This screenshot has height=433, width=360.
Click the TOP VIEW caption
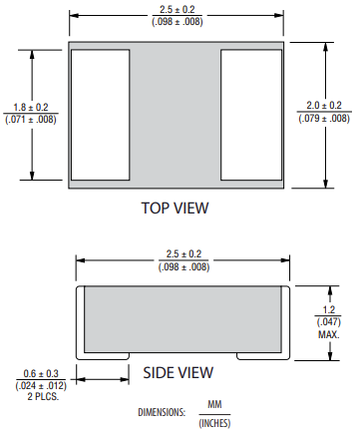point(176,208)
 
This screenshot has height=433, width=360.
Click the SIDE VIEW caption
point(179,372)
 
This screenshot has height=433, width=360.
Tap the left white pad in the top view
point(100,115)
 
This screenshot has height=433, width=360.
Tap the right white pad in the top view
point(251,115)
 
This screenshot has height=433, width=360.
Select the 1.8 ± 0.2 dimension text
point(31,108)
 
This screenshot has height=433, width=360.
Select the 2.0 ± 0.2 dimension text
point(324,106)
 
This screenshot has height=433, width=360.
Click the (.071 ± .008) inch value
point(31,120)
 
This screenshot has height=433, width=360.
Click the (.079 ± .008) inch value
point(324,118)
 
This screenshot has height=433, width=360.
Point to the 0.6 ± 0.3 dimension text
point(41,373)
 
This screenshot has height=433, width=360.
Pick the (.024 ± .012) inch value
point(41,385)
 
